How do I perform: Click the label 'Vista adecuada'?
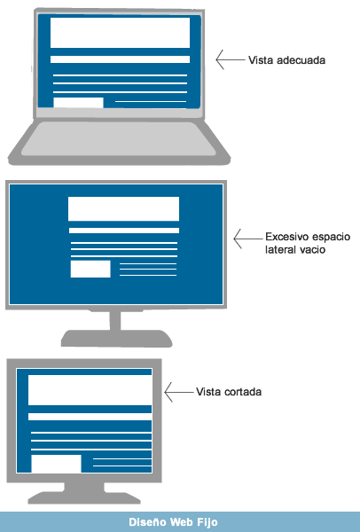286,60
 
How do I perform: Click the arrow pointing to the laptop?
230,59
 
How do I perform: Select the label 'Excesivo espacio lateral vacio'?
308,243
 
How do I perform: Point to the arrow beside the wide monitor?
248,239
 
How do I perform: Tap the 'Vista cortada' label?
229,392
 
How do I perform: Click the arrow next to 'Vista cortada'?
179,392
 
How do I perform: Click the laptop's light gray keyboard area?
119,139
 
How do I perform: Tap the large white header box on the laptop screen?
120,33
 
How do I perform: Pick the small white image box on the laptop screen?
78,103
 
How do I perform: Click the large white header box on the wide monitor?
123,208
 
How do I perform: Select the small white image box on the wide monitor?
90,269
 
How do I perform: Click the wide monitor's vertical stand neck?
115,321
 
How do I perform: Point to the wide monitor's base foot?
116,339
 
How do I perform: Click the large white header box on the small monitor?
90,390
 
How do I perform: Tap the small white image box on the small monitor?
57,464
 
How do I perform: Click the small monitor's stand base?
84,497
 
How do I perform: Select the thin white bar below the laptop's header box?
120,59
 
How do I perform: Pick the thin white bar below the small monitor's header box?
90,417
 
